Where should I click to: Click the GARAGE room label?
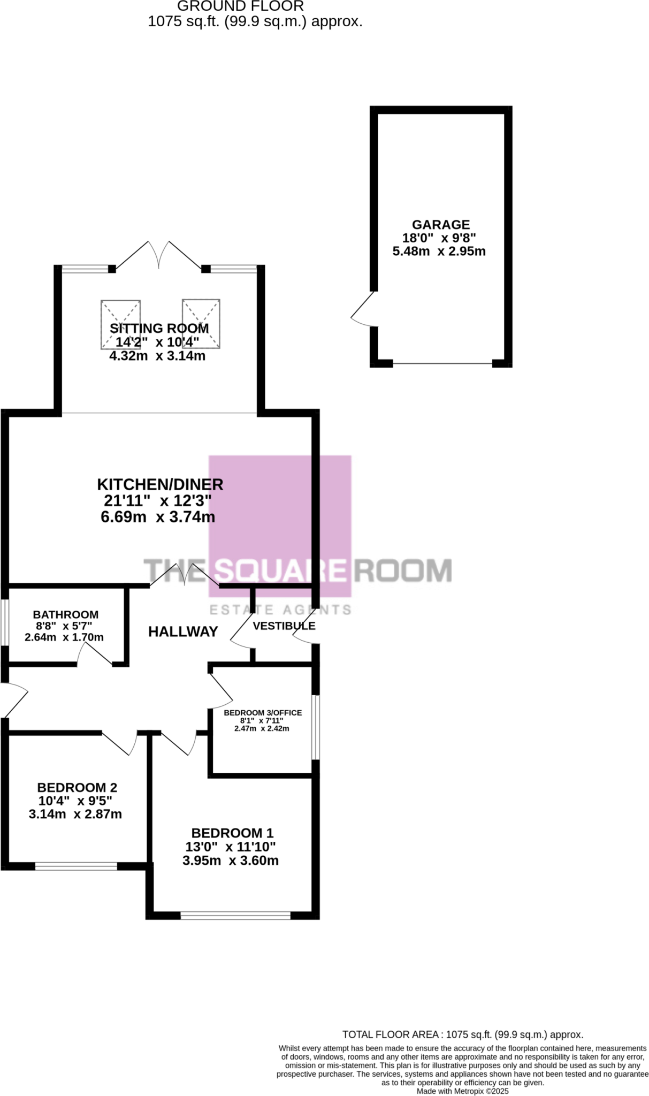440,225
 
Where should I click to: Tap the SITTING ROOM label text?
159,329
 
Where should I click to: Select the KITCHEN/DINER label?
160,484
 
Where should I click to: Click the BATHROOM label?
66,615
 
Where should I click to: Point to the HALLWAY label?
183,632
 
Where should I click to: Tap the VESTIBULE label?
284,626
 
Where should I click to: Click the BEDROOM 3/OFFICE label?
263,713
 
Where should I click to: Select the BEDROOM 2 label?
77,788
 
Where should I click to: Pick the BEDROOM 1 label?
232,833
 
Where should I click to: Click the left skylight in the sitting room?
120,323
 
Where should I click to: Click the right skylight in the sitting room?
201,323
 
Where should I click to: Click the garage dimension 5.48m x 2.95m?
439,252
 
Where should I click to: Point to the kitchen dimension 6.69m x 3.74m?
158,517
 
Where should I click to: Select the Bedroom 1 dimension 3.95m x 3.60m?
231,861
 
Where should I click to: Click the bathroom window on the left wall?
4,622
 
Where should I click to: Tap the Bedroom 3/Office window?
316,727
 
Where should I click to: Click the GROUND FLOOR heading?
240,6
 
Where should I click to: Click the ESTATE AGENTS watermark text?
280,610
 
